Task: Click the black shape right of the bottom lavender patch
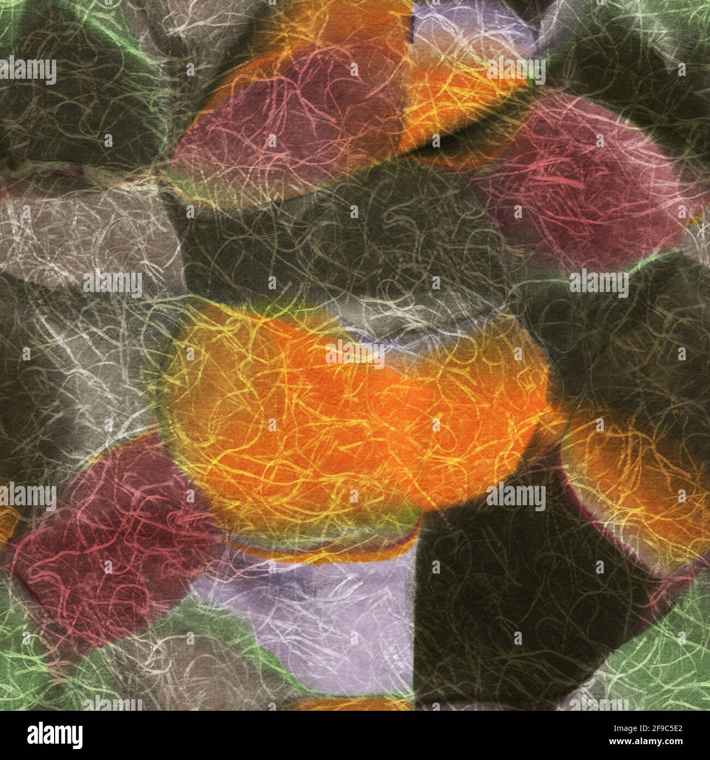click(x=508, y=601)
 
